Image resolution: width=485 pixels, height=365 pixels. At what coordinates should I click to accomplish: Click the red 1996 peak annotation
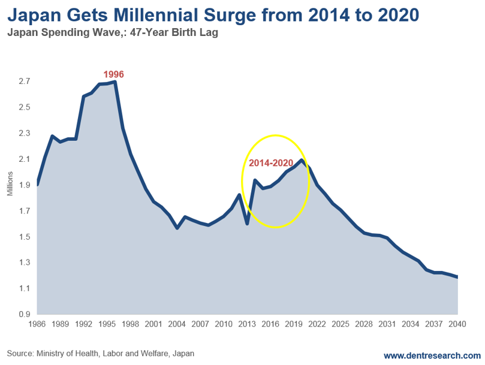click(113, 74)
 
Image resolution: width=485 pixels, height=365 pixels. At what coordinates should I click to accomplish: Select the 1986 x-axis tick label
click(37, 324)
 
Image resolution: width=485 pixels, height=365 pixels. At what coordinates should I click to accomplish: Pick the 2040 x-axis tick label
click(457, 324)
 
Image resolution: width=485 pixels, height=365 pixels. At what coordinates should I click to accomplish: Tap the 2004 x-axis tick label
click(177, 324)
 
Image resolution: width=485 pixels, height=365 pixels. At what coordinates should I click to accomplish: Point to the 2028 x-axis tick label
click(364, 324)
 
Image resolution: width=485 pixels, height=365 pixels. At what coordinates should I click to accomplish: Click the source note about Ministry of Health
click(101, 354)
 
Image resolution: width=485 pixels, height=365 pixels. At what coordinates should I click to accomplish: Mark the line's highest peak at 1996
click(115, 82)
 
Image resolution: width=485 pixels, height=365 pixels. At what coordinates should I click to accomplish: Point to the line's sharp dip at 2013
click(247, 224)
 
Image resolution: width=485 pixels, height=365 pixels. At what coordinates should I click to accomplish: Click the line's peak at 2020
click(302, 160)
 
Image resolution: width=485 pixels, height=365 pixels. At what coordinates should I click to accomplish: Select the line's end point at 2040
click(457, 277)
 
